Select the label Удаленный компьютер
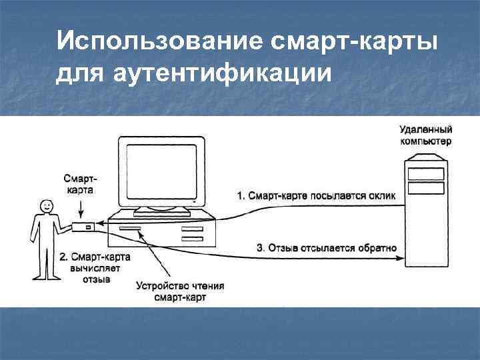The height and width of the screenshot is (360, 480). pos(425,135)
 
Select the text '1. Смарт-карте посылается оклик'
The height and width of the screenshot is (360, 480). pos(316,195)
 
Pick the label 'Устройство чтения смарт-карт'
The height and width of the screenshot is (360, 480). pos(180,292)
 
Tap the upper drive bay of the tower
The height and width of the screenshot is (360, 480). pos(425,174)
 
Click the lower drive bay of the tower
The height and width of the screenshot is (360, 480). pos(425,189)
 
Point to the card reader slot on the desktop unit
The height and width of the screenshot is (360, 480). pos(129,229)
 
